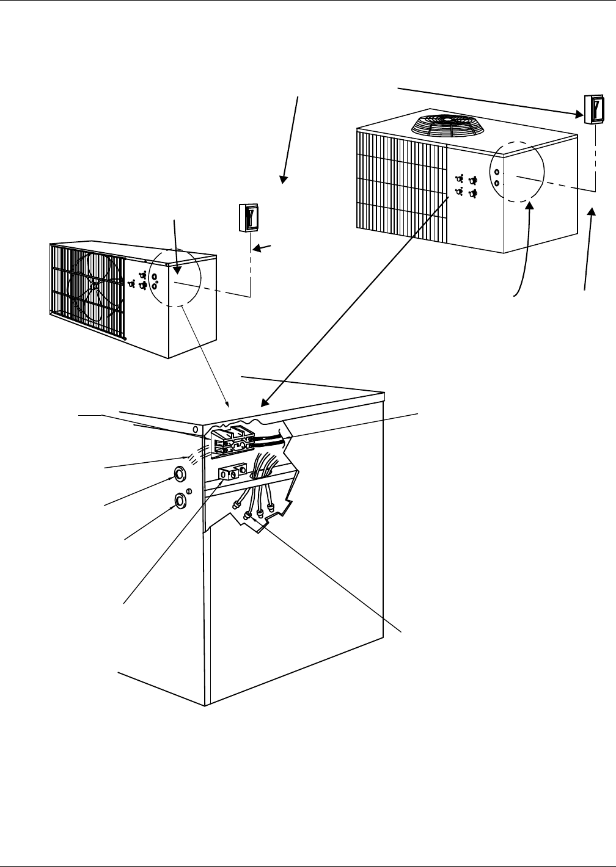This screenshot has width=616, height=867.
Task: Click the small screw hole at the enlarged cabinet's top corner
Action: point(195,430)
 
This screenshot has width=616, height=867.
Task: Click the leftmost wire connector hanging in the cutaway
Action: point(235,505)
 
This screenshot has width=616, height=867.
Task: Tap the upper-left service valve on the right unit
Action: point(460,180)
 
